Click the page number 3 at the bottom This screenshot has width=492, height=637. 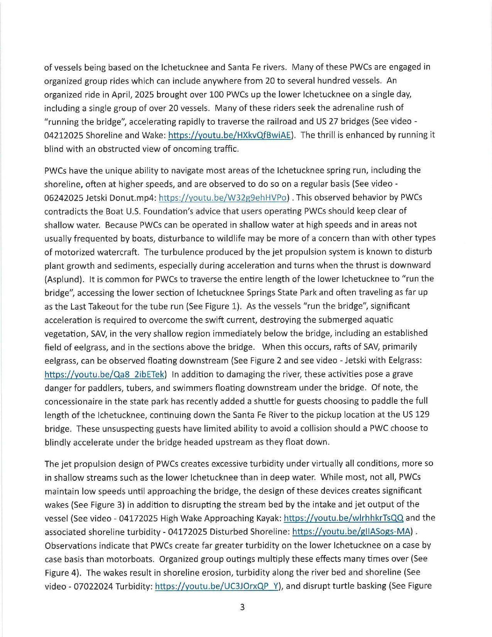(x=242, y=607)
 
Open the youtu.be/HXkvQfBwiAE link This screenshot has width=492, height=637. (x=230, y=135)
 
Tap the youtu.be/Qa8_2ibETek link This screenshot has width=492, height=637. (x=105, y=374)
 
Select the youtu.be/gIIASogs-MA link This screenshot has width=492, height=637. (x=351, y=532)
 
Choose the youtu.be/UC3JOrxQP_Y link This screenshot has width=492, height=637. (x=216, y=586)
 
